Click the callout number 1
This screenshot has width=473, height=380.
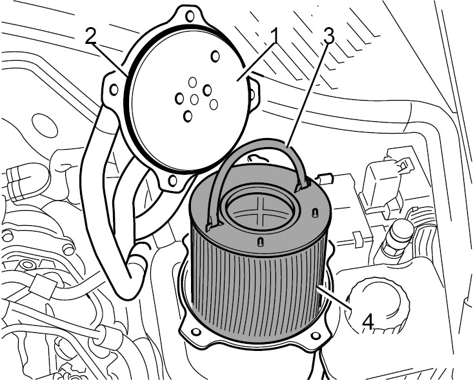pyautogui.click(x=275, y=37)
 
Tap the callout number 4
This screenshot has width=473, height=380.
pyautogui.click(x=368, y=321)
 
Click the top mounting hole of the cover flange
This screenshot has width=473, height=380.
pyautogui.click(x=190, y=16)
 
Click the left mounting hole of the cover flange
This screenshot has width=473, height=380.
pyautogui.click(x=114, y=89)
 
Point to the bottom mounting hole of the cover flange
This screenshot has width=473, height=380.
pyautogui.click(x=172, y=181)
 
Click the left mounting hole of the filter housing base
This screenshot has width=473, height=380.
pyautogui.click(x=196, y=332)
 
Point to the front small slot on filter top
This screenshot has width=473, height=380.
pyautogui.click(x=260, y=241)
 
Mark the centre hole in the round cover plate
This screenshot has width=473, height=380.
pyautogui.click(x=194, y=99)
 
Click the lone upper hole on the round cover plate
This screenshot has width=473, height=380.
pyautogui.click(x=215, y=55)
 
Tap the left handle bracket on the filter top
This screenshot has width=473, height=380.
pyautogui.click(x=214, y=225)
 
